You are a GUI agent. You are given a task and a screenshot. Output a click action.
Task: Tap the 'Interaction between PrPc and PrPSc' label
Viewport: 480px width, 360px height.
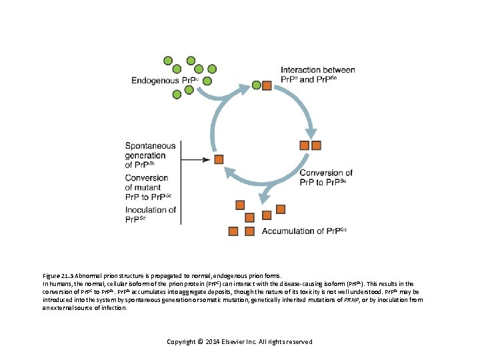(317, 75)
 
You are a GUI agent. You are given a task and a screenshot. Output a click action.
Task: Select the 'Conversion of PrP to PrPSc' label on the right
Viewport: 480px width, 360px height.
(326, 177)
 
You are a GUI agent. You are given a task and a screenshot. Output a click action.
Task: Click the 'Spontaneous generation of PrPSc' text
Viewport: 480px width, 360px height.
(151, 155)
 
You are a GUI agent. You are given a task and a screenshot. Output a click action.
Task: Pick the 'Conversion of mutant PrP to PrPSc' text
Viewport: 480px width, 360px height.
(149, 187)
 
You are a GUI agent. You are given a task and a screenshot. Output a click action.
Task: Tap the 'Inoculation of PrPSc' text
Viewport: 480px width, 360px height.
(151, 214)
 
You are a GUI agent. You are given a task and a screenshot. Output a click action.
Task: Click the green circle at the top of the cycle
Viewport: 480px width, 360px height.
(257, 85)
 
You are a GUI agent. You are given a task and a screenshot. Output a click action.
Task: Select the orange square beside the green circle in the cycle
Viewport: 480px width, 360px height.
(267, 85)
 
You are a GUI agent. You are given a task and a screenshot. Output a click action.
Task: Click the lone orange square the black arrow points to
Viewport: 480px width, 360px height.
(219, 159)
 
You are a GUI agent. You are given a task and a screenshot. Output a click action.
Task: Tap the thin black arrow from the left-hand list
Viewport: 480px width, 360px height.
(197, 159)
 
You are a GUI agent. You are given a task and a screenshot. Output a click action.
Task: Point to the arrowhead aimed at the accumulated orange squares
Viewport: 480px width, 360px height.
(264, 194)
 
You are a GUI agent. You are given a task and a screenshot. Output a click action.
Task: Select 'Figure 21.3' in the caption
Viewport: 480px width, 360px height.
(58, 275)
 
